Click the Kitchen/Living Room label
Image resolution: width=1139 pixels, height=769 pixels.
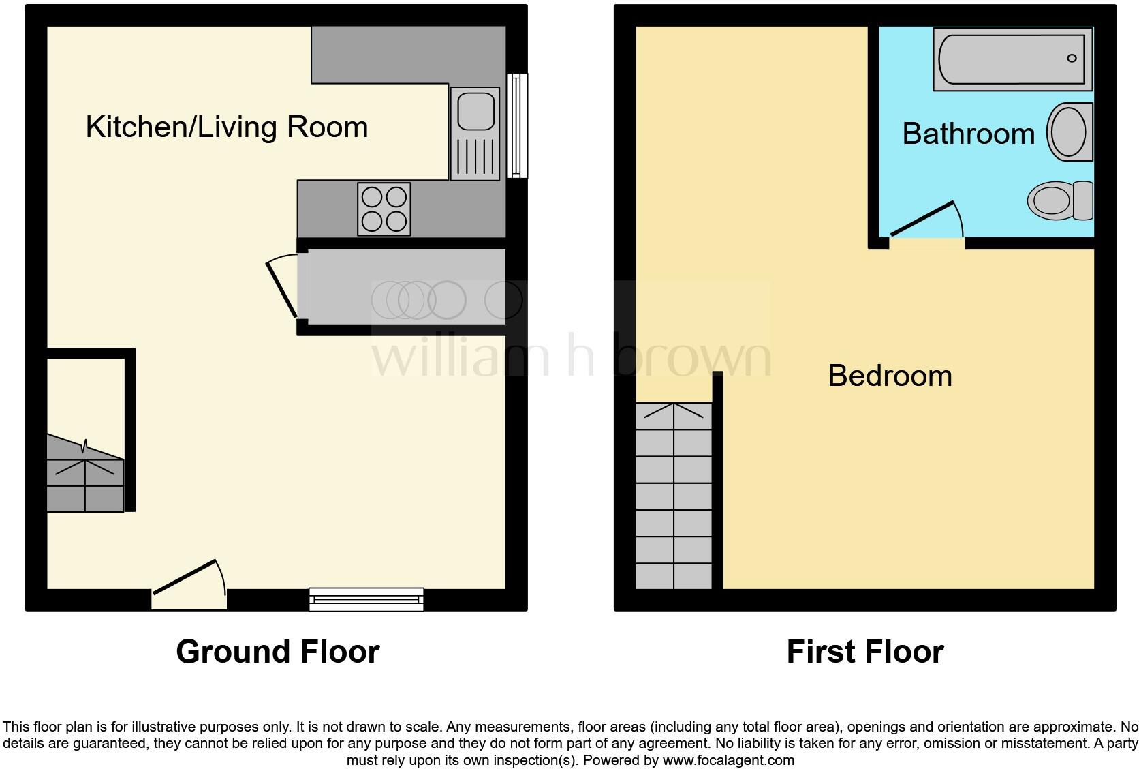[226, 127]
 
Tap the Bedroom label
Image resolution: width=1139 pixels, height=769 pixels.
[890, 376]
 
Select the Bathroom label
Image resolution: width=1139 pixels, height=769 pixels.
[968, 134]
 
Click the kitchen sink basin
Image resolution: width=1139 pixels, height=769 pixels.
[475, 111]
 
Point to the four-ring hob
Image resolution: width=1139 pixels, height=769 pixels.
[384, 209]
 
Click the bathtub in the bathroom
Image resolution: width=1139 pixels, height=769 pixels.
[1012, 59]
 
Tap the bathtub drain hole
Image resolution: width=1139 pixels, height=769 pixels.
[1072, 59]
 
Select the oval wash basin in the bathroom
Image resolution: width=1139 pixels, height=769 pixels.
[1068, 132]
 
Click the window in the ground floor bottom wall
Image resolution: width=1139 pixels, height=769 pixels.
[366, 599]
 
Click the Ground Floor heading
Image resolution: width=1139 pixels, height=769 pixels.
[278, 652]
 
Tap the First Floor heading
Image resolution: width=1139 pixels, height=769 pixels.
[864, 652]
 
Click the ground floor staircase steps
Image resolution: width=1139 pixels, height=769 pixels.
[85, 485]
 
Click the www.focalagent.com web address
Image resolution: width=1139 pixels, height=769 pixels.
[728, 759]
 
